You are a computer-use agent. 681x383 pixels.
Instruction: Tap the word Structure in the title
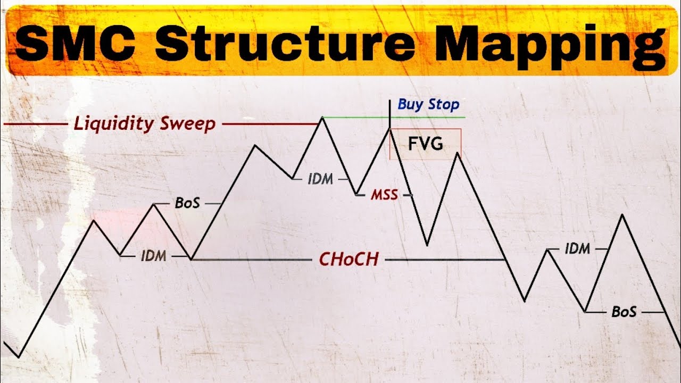coord(285,41)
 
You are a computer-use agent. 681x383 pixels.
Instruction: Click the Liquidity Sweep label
coord(145,124)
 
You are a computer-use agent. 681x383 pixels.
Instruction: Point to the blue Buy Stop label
coord(428,105)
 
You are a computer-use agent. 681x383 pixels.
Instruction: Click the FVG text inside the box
coord(426,144)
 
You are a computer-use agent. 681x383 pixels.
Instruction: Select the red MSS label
coord(384,195)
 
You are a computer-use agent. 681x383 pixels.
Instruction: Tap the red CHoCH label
coord(348,259)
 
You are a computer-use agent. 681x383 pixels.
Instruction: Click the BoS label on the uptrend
coord(187,203)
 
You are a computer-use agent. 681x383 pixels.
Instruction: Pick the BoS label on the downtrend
coord(624,312)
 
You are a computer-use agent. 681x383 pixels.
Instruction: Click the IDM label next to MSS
coord(320,180)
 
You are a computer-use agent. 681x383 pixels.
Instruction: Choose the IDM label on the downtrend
coord(577,248)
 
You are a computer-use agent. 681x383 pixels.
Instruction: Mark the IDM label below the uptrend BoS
coord(154,256)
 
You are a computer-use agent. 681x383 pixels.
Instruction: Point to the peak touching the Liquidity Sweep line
coord(322,118)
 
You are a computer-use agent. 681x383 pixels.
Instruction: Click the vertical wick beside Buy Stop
coord(390,113)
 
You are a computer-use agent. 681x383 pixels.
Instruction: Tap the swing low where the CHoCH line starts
coord(192,260)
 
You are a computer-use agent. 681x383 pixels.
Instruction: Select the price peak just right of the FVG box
coord(456,154)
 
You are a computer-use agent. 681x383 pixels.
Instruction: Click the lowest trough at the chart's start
coord(19,357)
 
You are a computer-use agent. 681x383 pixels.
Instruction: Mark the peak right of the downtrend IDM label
coord(621,215)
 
